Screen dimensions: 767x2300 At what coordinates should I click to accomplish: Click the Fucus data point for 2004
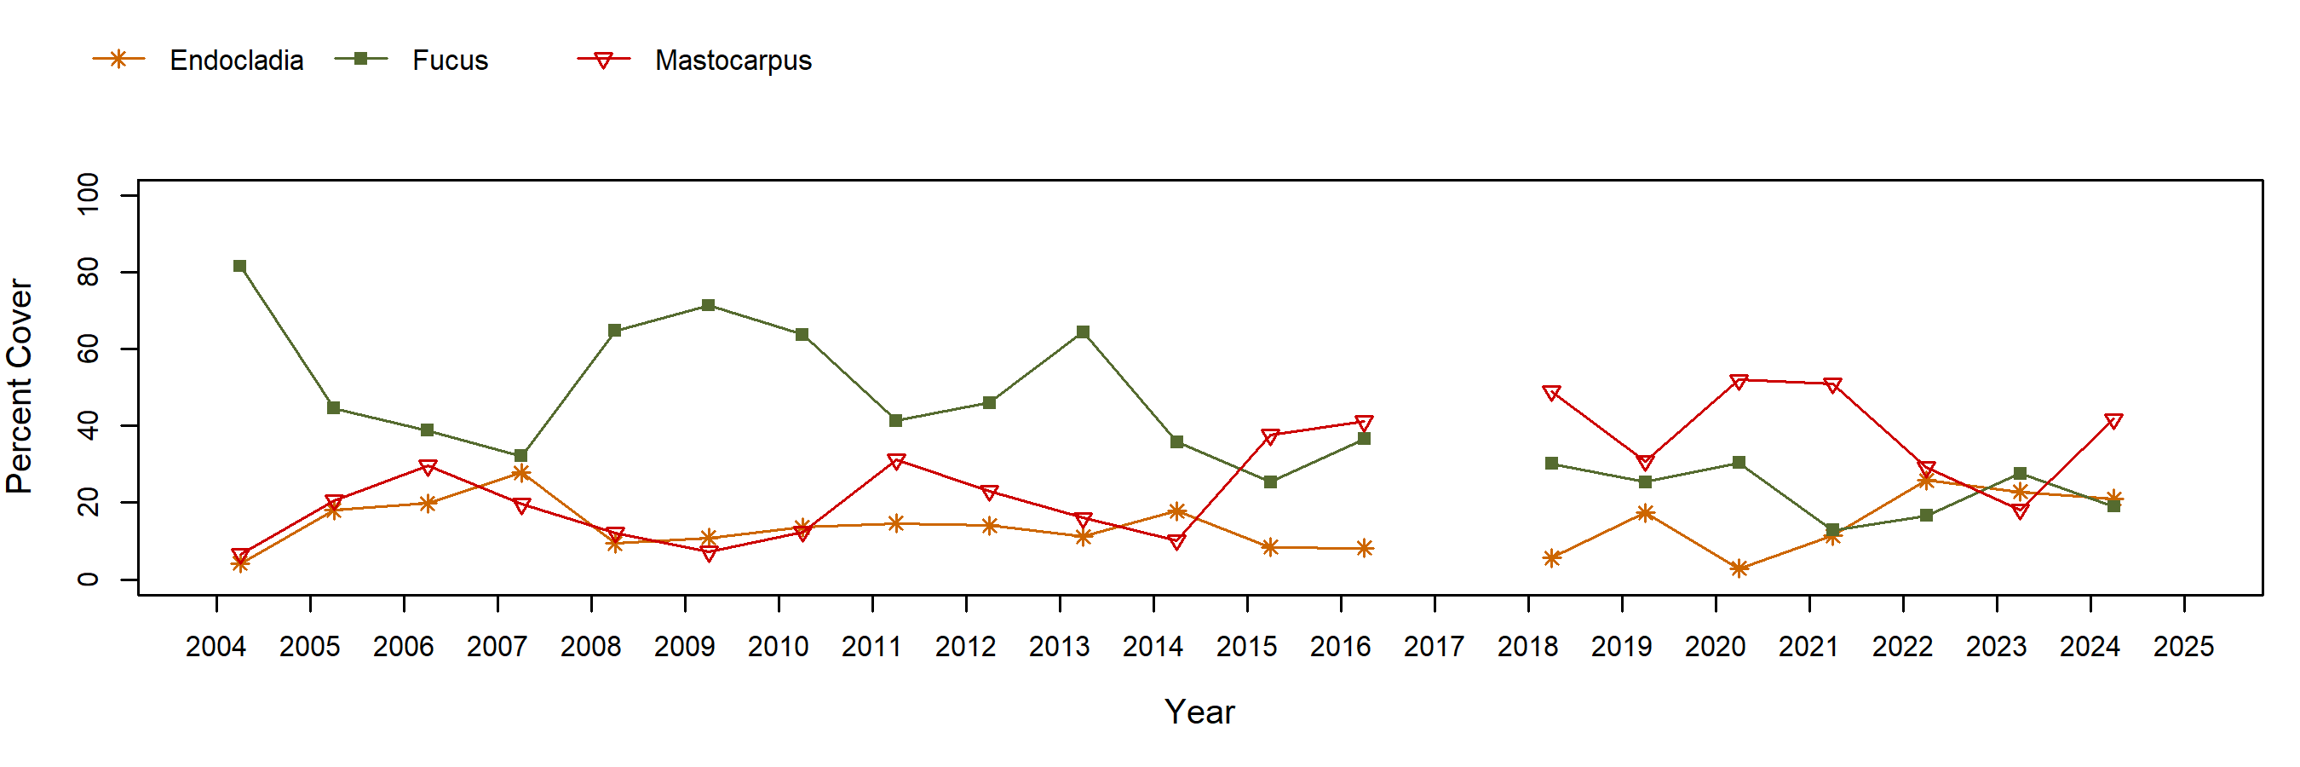click(x=239, y=266)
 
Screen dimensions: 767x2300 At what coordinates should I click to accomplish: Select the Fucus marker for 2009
click(x=708, y=305)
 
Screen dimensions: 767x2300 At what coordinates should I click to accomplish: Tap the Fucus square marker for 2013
click(x=1083, y=332)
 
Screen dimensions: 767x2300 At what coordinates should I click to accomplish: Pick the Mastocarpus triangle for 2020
click(x=1739, y=381)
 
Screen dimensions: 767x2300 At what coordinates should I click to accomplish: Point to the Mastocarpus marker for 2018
click(x=1552, y=393)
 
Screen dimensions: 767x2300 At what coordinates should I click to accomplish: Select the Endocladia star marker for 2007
click(x=520, y=473)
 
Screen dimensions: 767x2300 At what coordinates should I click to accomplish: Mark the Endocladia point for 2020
click(x=1739, y=568)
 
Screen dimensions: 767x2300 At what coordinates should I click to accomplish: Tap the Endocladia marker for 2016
click(x=1365, y=548)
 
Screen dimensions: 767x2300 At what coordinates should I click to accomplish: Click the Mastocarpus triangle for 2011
click(x=895, y=461)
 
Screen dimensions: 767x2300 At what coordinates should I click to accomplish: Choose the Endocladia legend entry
click(x=237, y=61)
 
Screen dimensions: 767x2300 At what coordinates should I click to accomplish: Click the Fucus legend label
click(x=450, y=61)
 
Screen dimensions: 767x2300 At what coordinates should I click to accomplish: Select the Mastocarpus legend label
click(x=733, y=61)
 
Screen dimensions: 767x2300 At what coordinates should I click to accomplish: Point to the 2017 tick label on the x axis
click(x=1434, y=647)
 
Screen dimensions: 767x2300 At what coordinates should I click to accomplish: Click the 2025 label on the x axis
click(x=2184, y=647)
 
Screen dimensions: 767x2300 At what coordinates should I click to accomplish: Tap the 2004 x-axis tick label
click(x=216, y=647)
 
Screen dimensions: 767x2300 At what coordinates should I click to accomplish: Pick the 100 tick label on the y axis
click(x=89, y=194)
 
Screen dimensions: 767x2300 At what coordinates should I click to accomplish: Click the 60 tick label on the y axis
click(x=89, y=349)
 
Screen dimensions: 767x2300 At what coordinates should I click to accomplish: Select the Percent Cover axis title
click(x=20, y=387)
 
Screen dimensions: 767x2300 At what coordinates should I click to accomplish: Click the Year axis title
click(x=1199, y=712)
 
